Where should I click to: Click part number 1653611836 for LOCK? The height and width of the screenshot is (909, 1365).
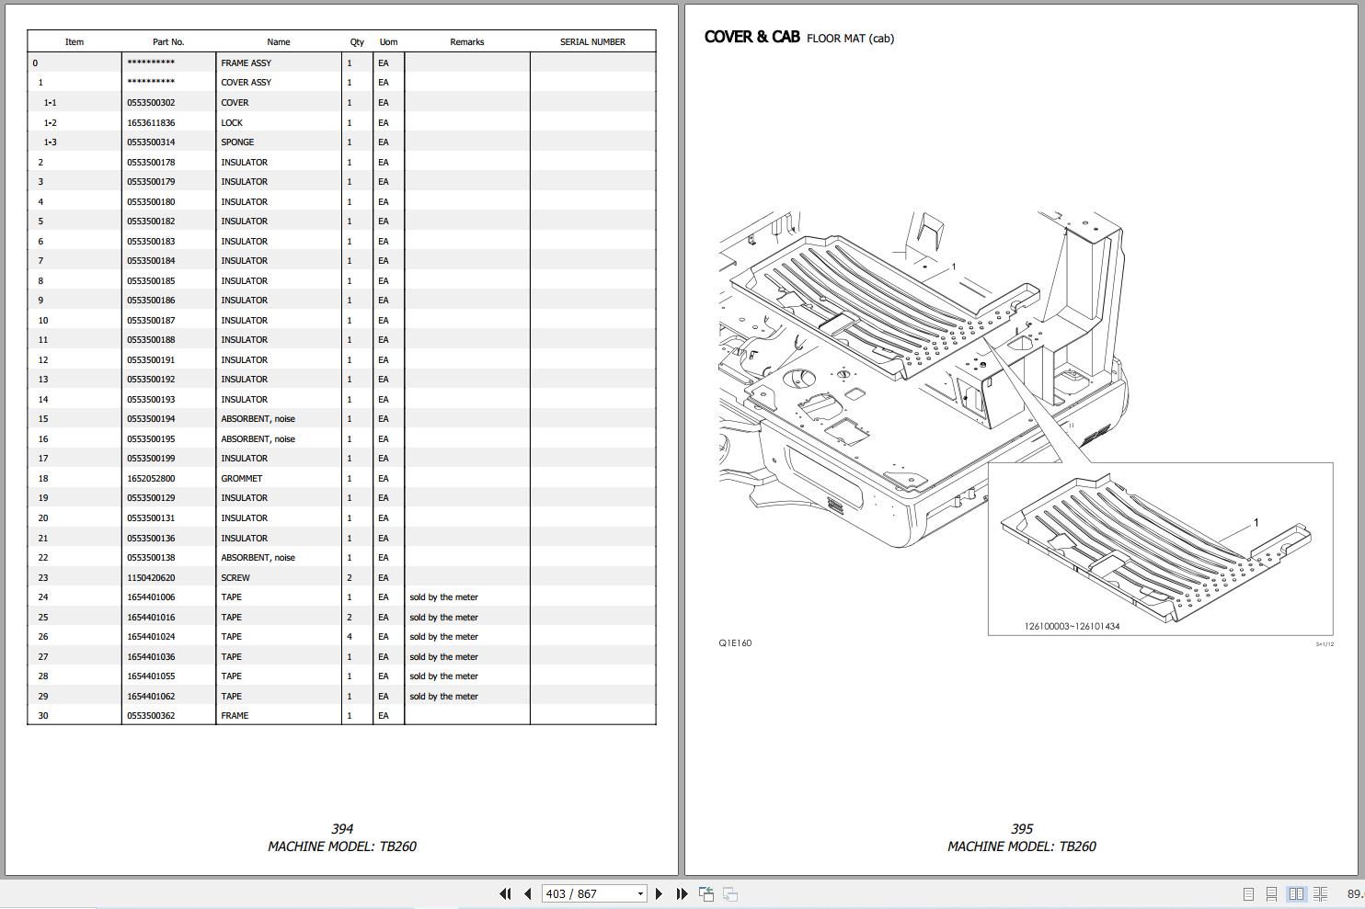[x=151, y=122]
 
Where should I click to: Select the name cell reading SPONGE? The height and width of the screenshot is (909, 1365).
[x=237, y=142]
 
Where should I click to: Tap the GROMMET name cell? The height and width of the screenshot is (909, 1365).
[x=241, y=479]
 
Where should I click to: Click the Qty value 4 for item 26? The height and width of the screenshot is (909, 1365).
[x=350, y=637]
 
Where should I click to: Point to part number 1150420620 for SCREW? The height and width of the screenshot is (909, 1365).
[x=151, y=578]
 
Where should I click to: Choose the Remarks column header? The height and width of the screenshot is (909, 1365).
[x=466, y=42]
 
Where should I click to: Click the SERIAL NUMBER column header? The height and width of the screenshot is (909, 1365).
[x=592, y=42]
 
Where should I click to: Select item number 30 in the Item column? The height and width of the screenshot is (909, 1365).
[x=43, y=716]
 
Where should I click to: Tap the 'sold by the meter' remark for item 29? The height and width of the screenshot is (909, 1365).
[x=443, y=697]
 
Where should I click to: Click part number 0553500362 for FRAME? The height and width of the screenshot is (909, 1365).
[x=151, y=716]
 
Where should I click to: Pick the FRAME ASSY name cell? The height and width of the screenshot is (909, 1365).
[x=247, y=62]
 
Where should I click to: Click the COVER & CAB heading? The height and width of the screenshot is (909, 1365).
[x=752, y=37]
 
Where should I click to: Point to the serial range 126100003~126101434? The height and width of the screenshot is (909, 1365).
[x=1072, y=627]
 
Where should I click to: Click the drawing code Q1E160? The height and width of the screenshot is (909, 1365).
[x=735, y=643]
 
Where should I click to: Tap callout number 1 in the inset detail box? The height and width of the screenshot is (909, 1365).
[x=1256, y=522]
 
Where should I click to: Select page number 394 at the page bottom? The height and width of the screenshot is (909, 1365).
[x=342, y=829]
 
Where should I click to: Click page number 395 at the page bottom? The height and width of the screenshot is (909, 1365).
[x=1022, y=829]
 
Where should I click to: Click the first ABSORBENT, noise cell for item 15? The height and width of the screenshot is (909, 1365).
[x=258, y=419]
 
